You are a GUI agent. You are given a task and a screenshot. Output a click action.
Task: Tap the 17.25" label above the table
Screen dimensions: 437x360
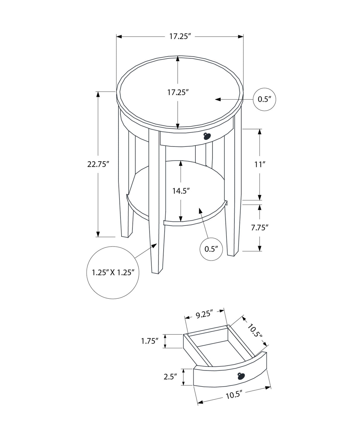(x=179, y=36)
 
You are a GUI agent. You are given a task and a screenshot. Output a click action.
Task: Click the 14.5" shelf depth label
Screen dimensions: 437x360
(x=181, y=191)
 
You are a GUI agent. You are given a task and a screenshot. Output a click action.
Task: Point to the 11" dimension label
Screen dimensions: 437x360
(x=259, y=164)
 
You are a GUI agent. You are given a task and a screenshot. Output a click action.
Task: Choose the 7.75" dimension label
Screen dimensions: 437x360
(x=259, y=228)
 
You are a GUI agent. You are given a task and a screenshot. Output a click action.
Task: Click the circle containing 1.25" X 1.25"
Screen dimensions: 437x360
(x=113, y=272)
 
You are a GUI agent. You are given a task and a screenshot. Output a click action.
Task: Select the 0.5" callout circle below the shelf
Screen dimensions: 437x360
(x=211, y=249)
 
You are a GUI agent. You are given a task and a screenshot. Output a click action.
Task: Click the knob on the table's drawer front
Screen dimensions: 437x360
(x=207, y=136)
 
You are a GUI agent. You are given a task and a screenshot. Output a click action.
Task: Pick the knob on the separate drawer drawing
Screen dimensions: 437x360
(x=240, y=376)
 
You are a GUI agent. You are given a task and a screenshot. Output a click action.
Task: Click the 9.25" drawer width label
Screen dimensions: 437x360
(x=205, y=314)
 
